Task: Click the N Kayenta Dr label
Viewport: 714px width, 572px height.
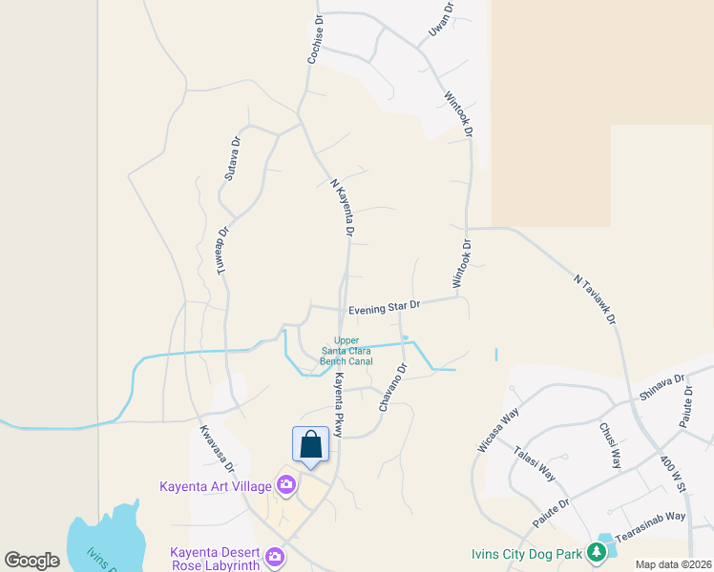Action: [343, 207]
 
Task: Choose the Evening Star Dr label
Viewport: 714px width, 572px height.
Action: [384, 308]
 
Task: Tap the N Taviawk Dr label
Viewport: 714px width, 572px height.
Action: [596, 302]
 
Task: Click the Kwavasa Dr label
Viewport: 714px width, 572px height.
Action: [217, 449]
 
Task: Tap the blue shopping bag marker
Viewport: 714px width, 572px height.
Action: [310, 445]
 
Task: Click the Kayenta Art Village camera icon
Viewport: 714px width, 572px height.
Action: [285, 486]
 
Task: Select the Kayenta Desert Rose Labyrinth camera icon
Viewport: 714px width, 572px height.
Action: [275, 556]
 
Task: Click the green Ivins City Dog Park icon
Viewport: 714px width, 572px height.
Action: [597, 552]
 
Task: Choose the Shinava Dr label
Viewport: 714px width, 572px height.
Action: [662, 389]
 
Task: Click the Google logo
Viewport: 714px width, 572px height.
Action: [32, 561]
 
